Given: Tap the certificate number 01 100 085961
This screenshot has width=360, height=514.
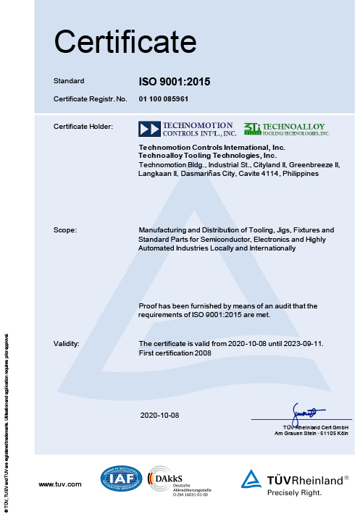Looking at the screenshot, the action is [168, 98].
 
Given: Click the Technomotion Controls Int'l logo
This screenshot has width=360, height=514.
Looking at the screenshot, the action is [188, 130].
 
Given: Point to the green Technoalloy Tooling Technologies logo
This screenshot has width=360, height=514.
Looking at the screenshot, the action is [287, 130].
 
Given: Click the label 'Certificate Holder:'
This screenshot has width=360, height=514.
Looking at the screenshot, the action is [83, 127].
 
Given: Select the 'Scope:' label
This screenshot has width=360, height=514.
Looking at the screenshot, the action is [66, 230].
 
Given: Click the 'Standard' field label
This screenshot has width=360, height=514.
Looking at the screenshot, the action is [70, 81].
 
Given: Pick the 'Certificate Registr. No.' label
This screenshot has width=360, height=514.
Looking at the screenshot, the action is [91, 98].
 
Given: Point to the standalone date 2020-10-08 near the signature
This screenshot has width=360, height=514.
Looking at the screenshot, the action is [159, 415].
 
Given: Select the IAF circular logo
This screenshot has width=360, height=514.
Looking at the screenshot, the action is [122, 479].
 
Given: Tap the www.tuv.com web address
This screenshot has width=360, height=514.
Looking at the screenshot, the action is [60, 483].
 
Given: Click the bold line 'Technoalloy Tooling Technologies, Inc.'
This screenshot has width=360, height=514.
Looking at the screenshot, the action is [208, 156].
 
